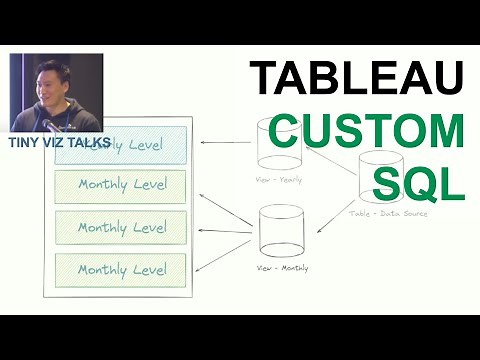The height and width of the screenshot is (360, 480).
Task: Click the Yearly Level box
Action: pos(121,142)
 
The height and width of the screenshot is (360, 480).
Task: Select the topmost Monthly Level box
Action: pos(121,185)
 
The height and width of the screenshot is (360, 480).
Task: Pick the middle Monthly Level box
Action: pos(121,227)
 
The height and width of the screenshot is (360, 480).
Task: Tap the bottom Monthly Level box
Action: pos(121,269)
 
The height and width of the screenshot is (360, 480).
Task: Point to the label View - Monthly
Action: pos(283,268)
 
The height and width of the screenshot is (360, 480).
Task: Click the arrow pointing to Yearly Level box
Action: pos(225,143)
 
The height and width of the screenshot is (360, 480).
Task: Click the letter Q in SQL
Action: pos(412,181)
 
